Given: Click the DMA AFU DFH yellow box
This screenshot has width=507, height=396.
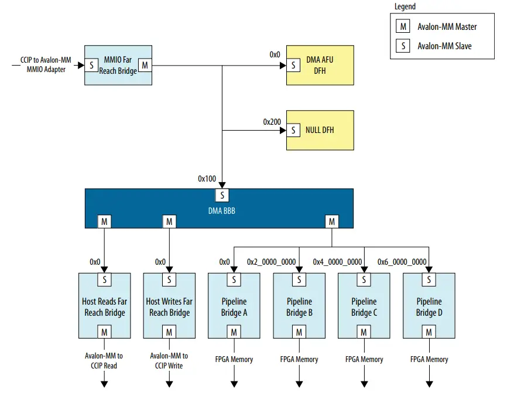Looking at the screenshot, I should point(320,65).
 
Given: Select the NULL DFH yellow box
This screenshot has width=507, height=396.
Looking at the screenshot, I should point(320,130).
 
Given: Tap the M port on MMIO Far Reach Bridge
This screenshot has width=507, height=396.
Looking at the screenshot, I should point(145,65).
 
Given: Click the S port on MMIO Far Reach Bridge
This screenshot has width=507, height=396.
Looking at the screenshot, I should point(92,65).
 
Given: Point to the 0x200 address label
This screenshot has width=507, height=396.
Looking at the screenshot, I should point(272,122).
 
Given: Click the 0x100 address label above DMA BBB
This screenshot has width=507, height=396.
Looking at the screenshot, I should point(207,178).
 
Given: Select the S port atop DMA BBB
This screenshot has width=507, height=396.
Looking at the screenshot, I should point(222,195).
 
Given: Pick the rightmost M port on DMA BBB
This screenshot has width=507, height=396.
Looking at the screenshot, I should point(332,221).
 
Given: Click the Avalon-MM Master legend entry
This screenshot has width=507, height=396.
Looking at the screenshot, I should point(447,27).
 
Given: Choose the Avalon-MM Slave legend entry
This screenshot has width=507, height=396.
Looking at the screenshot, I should point(444,46).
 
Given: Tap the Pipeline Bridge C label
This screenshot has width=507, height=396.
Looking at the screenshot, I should point(364,307).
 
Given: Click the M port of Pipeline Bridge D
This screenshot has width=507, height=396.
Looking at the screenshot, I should point(429,332).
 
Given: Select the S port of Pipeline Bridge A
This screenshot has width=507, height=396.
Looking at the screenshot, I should point(234,280).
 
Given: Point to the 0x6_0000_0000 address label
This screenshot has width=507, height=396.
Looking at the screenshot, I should point(402,262).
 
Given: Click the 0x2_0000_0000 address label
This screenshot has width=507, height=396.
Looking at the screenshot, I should point(272,262).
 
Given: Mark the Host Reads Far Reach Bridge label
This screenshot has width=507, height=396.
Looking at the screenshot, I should point(105,307).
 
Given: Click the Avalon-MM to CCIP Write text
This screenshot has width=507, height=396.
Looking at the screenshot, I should point(169,360).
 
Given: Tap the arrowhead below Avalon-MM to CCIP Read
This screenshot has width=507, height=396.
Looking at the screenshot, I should point(105,384).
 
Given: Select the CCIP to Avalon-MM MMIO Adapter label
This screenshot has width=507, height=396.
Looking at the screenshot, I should point(46,65).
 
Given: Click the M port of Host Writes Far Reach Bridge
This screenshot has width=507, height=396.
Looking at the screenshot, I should point(169,332).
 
